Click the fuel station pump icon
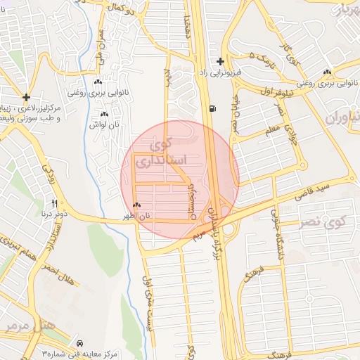coord(212,108)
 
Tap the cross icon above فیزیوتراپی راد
coord(221,61)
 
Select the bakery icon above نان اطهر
coord(136,205)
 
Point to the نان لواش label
coord(104,124)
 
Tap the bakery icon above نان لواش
coord(104,114)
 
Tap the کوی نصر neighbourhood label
coord(329,222)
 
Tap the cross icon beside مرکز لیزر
coord(26,98)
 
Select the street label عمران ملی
coord(99,43)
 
